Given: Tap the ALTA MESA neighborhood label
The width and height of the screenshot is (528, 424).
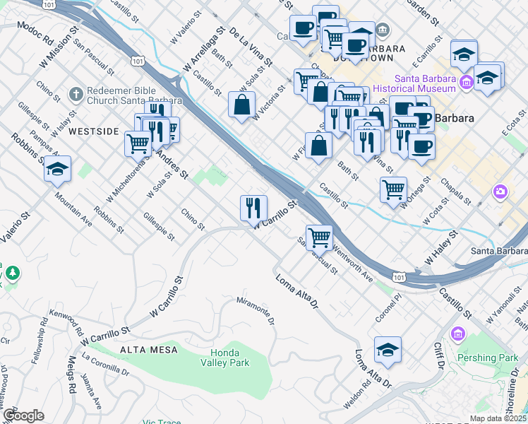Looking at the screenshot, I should pyautogui.click(x=143, y=350).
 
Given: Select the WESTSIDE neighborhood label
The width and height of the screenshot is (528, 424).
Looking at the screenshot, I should pyautogui.click(x=93, y=131).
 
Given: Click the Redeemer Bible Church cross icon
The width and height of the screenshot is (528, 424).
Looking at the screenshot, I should pyautogui.click(x=76, y=93).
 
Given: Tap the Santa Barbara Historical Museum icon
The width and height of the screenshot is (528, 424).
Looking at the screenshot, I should pyautogui.click(x=466, y=84).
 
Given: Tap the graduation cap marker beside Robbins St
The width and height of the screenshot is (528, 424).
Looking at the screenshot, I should pyautogui.click(x=57, y=169).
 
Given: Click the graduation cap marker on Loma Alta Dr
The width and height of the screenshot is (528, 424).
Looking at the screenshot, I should pyautogui.click(x=388, y=350).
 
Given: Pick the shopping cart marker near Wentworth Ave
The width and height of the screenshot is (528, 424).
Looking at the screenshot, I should pyautogui.click(x=319, y=237).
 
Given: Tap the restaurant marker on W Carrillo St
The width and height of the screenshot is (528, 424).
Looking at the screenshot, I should pyautogui.click(x=253, y=208).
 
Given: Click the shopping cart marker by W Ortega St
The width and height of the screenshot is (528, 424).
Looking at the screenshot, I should pyautogui.click(x=393, y=189).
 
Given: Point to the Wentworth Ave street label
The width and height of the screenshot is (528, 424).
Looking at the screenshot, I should pyautogui.click(x=353, y=263).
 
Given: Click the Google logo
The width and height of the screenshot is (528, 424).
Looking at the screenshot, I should pyautogui.click(x=23, y=416).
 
